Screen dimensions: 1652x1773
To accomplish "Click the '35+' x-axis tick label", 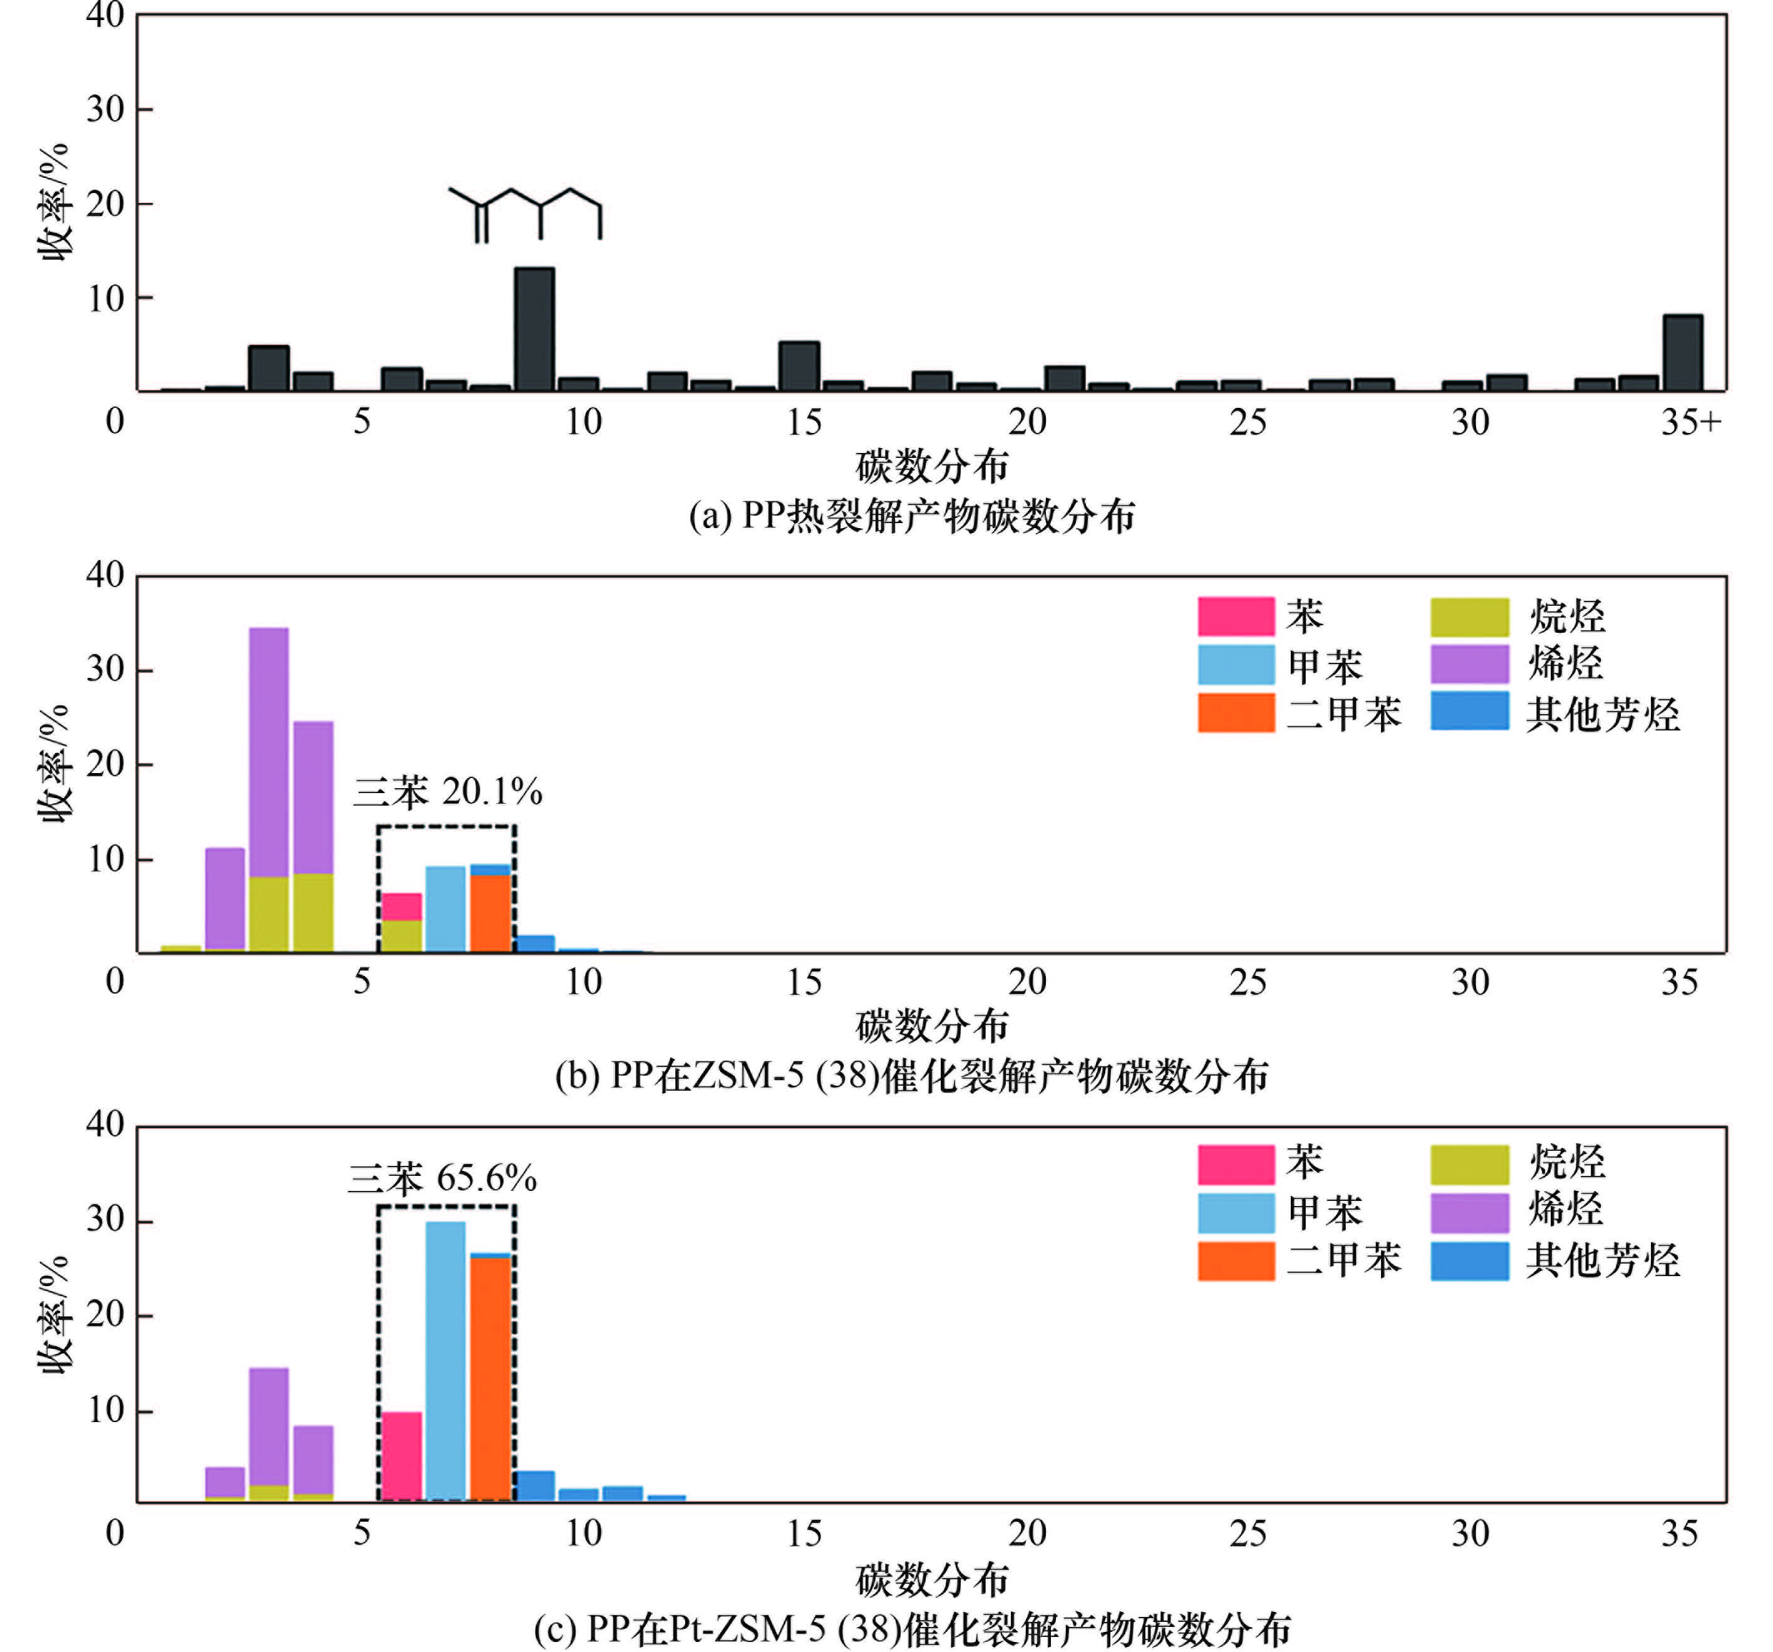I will (1690, 421).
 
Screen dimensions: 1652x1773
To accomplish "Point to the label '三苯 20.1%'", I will (448, 792).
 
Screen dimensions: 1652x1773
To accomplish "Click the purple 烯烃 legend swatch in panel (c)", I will (1469, 1212).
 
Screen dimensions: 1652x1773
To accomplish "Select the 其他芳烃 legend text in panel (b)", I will (1602, 714).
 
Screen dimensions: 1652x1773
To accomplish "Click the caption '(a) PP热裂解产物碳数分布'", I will (911, 516).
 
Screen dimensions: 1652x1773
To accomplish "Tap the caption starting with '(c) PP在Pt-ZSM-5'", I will (911, 1629).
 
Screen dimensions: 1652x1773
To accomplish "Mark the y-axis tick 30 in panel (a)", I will (105, 110).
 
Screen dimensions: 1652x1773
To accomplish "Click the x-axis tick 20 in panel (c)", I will (1026, 1532).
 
